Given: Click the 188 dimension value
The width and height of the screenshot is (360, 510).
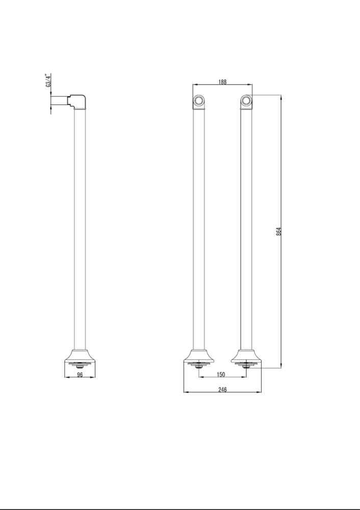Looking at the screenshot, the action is tap(222, 82).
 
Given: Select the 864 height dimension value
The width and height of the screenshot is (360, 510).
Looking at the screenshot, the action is tap(279, 231).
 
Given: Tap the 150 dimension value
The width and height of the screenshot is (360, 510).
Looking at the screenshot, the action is tap(220, 374).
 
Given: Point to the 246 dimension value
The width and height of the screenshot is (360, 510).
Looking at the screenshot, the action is tap(222, 389).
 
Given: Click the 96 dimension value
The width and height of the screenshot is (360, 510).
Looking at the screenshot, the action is tap(80, 375).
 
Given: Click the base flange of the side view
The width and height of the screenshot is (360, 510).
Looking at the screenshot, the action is tap(80, 356).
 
